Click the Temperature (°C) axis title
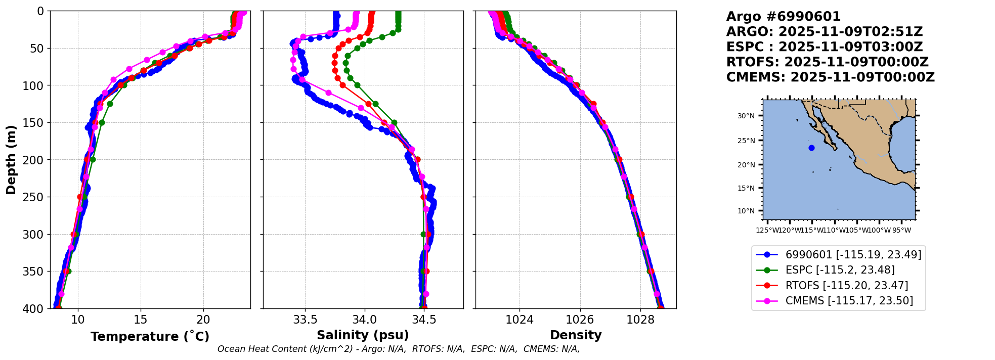tap(150, 337)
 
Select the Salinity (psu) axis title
tap(363, 335)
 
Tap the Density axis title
tap(576, 335)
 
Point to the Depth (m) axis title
tap(11, 160)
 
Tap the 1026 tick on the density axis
tap(580, 320)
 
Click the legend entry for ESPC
tap(840, 270)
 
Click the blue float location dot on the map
tap(811, 148)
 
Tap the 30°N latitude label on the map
tap(746, 116)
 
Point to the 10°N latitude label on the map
tap(746, 211)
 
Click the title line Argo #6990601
tap(783, 17)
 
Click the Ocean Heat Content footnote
tap(399, 349)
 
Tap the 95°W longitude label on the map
tap(901, 231)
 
